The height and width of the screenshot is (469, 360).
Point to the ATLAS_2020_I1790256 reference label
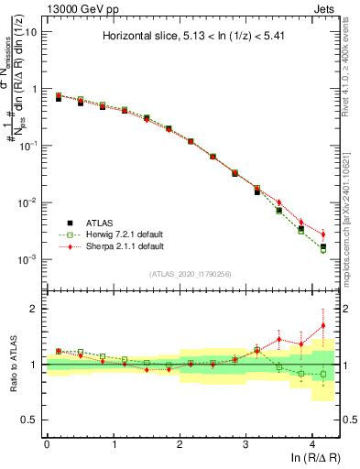coord(190,274)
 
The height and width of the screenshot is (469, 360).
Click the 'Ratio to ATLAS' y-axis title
coord(12,365)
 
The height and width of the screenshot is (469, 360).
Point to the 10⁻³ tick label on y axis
coord(29,259)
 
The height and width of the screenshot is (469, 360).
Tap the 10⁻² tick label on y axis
coord(29,202)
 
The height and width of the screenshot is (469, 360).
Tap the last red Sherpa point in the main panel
coord(322,234)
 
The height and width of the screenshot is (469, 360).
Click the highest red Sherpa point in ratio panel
coord(322,325)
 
